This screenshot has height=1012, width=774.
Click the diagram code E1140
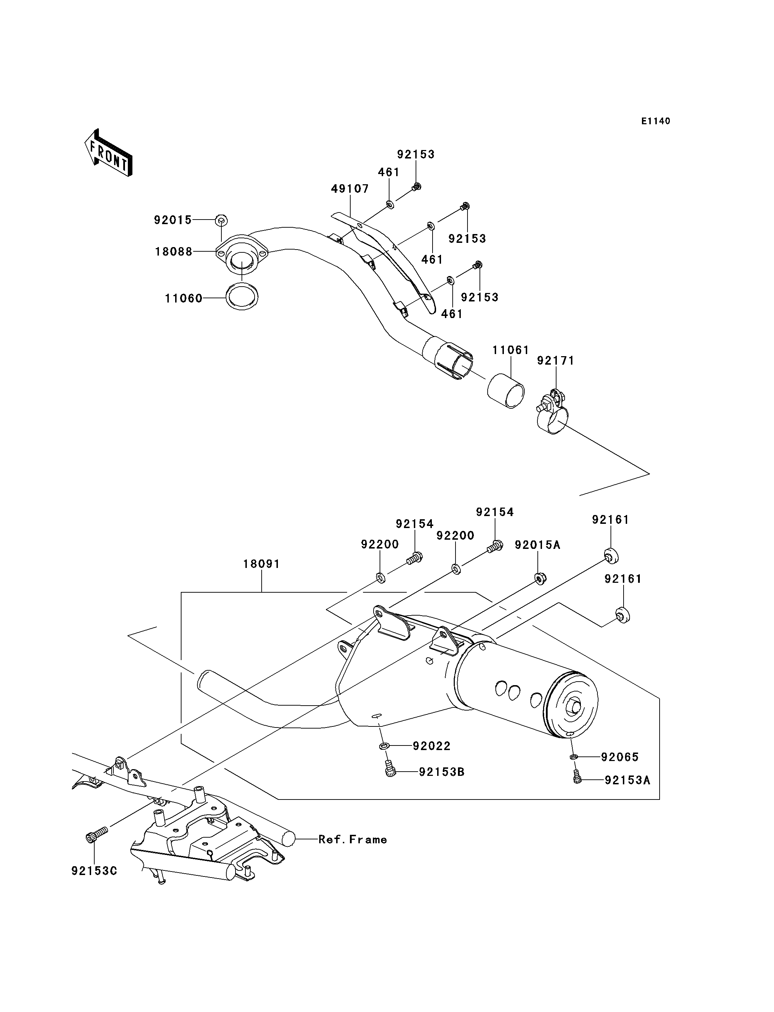pyautogui.click(x=656, y=121)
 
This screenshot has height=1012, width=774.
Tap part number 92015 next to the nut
pyautogui.click(x=173, y=220)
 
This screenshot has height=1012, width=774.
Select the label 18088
pyautogui.click(x=174, y=252)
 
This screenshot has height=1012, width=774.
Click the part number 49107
pyautogui.click(x=350, y=189)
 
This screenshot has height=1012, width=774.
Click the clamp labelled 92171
pyautogui.click(x=552, y=413)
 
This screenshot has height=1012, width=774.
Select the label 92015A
pyautogui.click(x=537, y=545)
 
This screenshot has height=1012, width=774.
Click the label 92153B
pyautogui.click(x=441, y=772)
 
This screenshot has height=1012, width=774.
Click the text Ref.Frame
pyautogui.click(x=353, y=840)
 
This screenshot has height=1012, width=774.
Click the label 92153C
pyautogui.click(x=94, y=871)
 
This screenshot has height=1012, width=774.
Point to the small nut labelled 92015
pyautogui.click(x=221, y=220)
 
